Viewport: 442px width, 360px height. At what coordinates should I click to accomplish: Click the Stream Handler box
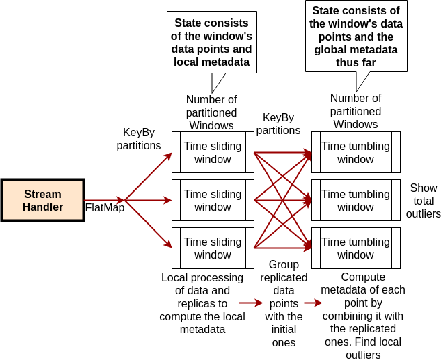pyautogui.click(x=43, y=200)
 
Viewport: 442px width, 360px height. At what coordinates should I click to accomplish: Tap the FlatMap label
pyautogui.click(x=105, y=208)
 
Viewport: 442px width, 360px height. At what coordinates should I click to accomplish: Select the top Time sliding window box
pyautogui.click(x=213, y=152)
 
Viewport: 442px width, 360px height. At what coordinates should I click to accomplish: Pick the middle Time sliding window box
pyautogui.click(x=213, y=200)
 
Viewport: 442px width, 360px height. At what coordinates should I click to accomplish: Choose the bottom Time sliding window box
pyautogui.click(x=213, y=248)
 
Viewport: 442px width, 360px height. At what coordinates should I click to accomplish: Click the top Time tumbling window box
pyautogui.click(x=356, y=152)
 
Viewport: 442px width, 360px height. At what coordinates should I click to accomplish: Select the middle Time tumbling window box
pyautogui.click(x=356, y=200)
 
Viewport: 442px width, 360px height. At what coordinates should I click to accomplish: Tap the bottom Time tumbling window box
pyautogui.click(x=356, y=248)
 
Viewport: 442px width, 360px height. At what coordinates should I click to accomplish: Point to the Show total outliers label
pyautogui.click(x=424, y=201)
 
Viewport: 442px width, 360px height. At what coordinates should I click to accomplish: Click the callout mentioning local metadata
pyautogui.click(x=212, y=42)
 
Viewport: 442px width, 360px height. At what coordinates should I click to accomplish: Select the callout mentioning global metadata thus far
pyautogui.click(x=356, y=36)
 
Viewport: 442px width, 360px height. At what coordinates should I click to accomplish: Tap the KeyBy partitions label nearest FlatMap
pyautogui.click(x=139, y=139)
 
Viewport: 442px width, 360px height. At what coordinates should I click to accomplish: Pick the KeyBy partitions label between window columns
pyautogui.click(x=278, y=124)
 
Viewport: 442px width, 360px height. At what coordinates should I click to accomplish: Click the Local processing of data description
pyautogui.click(x=202, y=303)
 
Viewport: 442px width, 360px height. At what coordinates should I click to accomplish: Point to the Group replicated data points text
pyautogui.click(x=284, y=303)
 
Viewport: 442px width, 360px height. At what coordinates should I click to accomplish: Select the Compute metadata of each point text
pyautogui.click(x=363, y=316)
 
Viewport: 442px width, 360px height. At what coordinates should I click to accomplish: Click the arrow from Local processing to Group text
pyautogui.click(x=251, y=303)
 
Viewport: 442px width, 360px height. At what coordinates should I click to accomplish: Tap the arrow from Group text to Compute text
pyautogui.click(x=313, y=303)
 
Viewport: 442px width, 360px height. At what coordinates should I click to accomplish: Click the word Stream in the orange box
pyautogui.click(x=43, y=194)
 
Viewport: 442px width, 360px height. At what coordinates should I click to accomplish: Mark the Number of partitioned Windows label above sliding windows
pyautogui.click(x=211, y=112)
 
